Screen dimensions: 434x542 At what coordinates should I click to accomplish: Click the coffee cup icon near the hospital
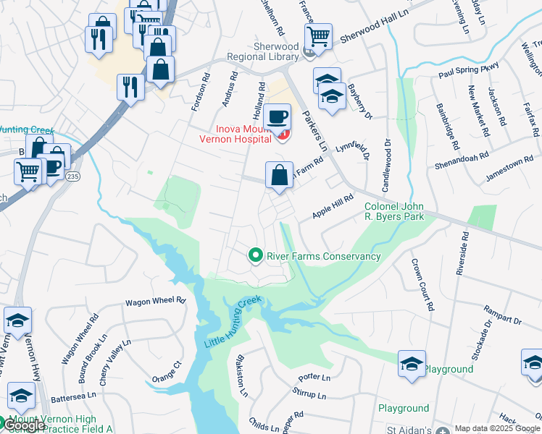[x=278, y=117]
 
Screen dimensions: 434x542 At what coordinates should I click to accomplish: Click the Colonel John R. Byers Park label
[x=398, y=210]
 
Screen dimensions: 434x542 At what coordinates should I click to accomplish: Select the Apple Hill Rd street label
[x=333, y=206]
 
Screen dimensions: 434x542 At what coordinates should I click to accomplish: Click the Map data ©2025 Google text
[x=497, y=428]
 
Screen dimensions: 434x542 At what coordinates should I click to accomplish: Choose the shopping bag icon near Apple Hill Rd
[x=279, y=175]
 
